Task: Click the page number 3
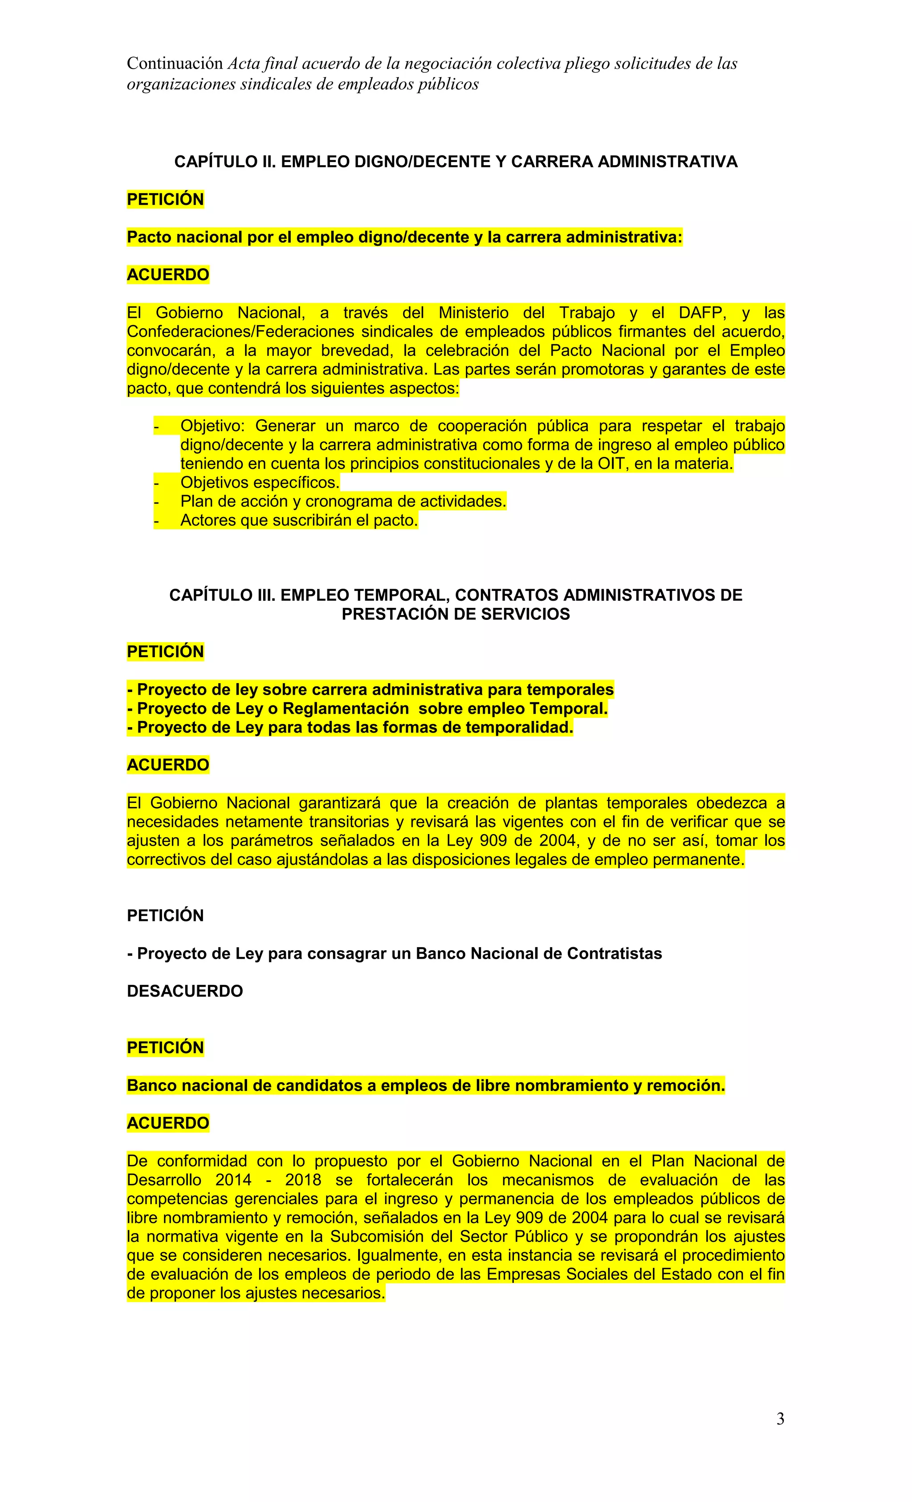coord(780,1420)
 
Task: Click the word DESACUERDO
coord(185,991)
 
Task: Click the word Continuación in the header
coord(175,63)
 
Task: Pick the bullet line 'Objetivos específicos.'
coord(260,483)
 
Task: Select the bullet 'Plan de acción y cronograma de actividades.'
coord(343,502)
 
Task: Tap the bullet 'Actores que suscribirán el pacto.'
coord(299,521)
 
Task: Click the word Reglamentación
coord(346,708)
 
